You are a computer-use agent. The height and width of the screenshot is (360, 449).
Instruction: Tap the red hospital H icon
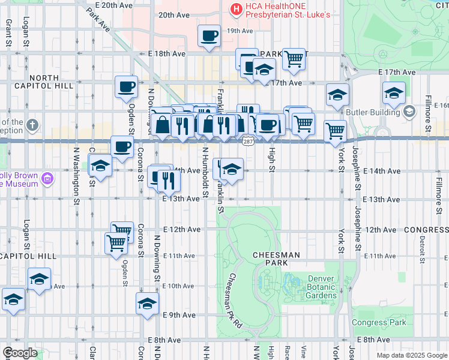pyautogui.click(x=237, y=9)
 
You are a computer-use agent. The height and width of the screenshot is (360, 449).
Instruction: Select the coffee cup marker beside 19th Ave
pyautogui.click(x=209, y=37)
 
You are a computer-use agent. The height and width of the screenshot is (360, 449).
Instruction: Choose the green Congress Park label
pyautogui.click(x=379, y=322)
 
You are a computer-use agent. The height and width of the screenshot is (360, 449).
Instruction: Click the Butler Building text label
pyautogui.click(x=372, y=112)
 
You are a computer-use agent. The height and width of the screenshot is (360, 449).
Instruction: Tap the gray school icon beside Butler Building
pyautogui.click(x=409, y=112)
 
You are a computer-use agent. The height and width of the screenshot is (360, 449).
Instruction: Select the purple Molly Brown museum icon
pyautogui.click(x=49, y=178)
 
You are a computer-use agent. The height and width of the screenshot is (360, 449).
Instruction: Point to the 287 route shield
pyautogui.click(x=248, y=142)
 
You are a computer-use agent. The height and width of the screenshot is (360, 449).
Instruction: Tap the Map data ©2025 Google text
pyautogui.click(x=411, y=355)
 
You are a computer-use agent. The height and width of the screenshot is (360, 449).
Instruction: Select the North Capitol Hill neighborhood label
pyautogui.click(x=44, y=82)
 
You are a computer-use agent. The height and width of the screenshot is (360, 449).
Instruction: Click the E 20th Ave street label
pyautogui.click(x=109, y=5)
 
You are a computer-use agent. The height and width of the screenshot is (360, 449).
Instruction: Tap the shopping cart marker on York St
pyautogui.click(x=335, y=130)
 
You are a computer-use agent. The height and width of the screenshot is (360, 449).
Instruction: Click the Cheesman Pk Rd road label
pyautogui.click(x=235, y=300)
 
